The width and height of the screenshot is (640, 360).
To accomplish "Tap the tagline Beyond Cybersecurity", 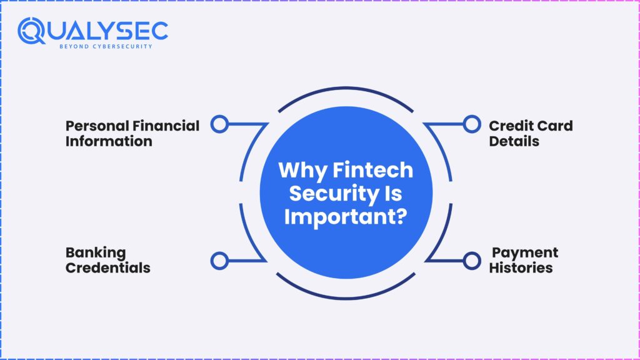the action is click(x=106, y=46).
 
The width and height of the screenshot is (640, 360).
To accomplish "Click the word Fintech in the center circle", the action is click(x=372, y=170).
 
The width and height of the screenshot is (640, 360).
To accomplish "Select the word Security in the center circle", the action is click(x=334, y=194).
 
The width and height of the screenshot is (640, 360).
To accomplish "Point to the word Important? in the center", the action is click(x=346, y=217).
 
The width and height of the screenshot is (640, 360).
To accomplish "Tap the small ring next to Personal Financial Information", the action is click(x=219, y=124).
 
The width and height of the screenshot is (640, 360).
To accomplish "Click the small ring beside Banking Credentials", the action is click(x=219, y=261).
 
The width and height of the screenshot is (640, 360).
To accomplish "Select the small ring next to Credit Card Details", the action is click(x=472, y=124).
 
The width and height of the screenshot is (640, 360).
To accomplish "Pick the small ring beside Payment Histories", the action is click(x=472, y=261).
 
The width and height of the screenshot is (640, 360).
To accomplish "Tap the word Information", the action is click(x=109, y=141).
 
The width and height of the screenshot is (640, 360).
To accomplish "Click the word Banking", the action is click(x=96, y=253).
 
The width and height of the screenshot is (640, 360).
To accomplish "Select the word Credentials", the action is click(x=108, y=267).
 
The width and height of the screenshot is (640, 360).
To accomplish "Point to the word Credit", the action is click(x=508, y=126).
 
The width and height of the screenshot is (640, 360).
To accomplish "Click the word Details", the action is click(x=514, y=141).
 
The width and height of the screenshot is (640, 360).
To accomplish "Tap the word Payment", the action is click(x=525, y=253).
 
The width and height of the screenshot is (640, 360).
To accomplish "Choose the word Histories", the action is click(x=521, y=267).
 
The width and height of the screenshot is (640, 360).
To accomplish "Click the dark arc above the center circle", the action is click(x=346, y=87).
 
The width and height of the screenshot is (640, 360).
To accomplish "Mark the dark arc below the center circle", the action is click(x=346, y=298).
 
